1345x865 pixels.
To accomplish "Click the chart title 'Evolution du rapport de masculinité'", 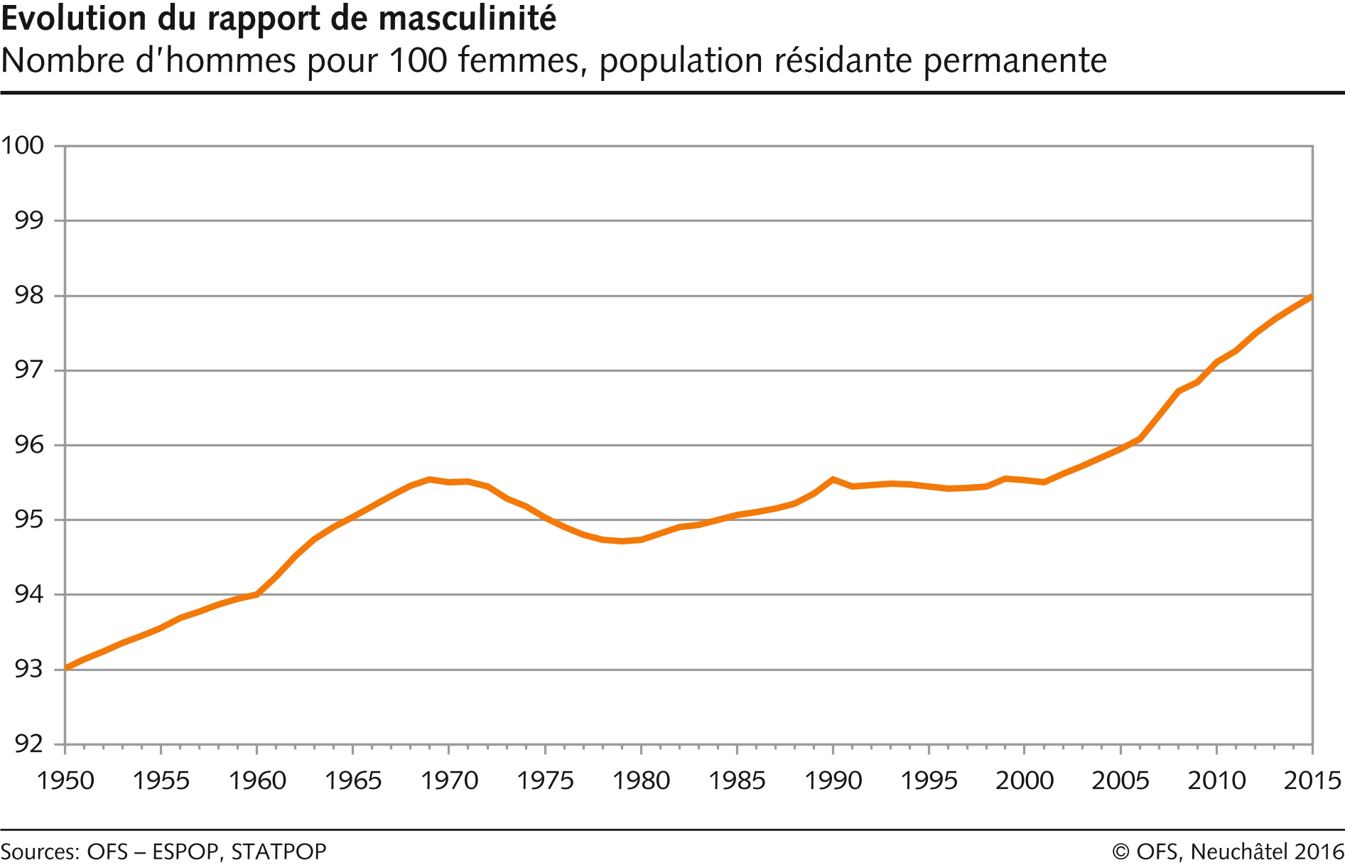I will pyautogui.click(x=279, y=18).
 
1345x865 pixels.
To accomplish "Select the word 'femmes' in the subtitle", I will pyautogui.click(x=519, y=60).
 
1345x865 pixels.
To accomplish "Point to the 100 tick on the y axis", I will pyautogui.click(x=23, y=146).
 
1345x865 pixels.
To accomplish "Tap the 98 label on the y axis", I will pyautogui.click(x=28, y=296).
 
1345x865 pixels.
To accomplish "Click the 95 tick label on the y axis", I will pyautogui.click(x=28, y=520).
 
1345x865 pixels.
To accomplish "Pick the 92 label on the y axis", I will pyautogui.click(x=28, y=744).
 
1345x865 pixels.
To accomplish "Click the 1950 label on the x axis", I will pyautogui.click(x=65, y=780).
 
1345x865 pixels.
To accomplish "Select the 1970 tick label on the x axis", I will pyautogui.click(x=449, y=780).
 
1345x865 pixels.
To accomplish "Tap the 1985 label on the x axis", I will pyautogui.click(x=737, y=780).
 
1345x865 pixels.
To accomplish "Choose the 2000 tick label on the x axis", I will pyautogui.click(x=1025, y=780).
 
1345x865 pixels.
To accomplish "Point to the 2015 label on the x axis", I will pyautogui.click(x=1312, y=780).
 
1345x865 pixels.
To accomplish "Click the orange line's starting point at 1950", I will pyautogui.click(x=66, y=667).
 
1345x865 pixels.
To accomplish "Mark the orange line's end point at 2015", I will pyautogui.click(x=1312, y=297).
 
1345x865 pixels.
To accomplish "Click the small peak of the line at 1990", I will pyautogui.click(x=833, y=479).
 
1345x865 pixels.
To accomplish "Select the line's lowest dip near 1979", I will pyautogui.click(x=622, y=542).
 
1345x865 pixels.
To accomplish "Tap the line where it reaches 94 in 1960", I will pyautogui.click(x=256, y=594).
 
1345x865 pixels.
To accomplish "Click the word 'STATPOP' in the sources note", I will pyautogui.click(x=279, y=851).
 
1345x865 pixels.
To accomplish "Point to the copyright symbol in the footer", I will pyautogui.click(x=1121, y=851).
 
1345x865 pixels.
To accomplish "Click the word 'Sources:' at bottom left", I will pyautogui.click(x=40, y=851).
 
